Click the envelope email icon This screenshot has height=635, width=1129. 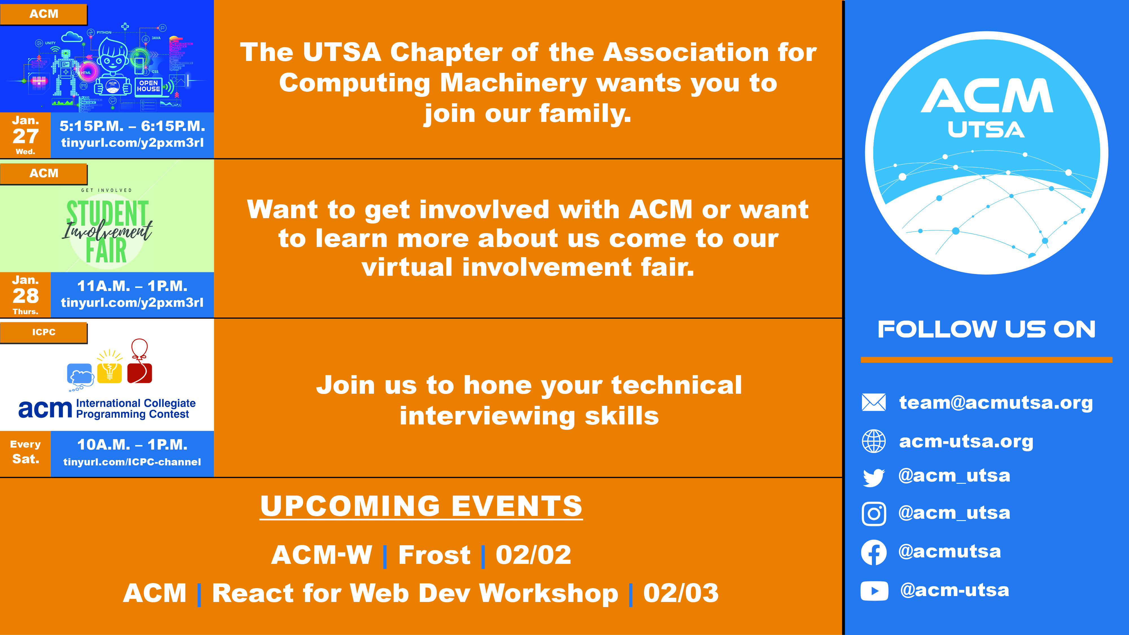click(x=874, y=402)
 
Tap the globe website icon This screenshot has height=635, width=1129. click(x=874, y=441)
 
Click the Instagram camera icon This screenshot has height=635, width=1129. click(x=874, y=514)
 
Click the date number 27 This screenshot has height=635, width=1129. click(x=25, y=136)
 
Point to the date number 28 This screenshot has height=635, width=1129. click(x=25, y=296)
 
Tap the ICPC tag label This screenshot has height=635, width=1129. click(x=43, y=332)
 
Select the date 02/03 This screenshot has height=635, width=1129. click(x=681, y=593)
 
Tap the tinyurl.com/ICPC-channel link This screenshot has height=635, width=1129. click(x=132, y=462)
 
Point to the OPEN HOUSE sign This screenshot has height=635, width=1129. click(x=148, y=86)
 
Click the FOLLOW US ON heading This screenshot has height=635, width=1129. click(x=986, y=330)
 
